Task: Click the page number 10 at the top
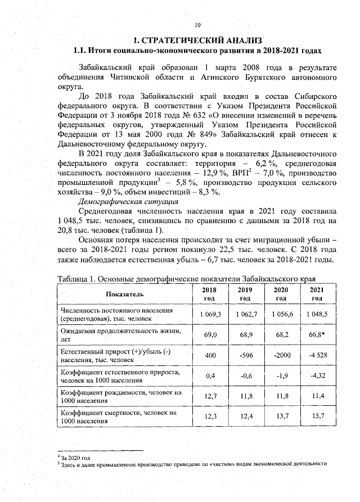pos(197,24)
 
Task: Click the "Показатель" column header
pos(124,294)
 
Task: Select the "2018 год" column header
pos(209,294)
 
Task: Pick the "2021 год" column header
pos(316,294)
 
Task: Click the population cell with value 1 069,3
pos(209,314)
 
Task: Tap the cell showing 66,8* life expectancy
pos(316,335)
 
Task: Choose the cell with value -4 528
pos(316,355)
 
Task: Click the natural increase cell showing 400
pos(209,355)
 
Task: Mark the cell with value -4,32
pos(316,376)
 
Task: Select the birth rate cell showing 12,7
pos(209,397)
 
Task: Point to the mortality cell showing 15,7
pos(316,417)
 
